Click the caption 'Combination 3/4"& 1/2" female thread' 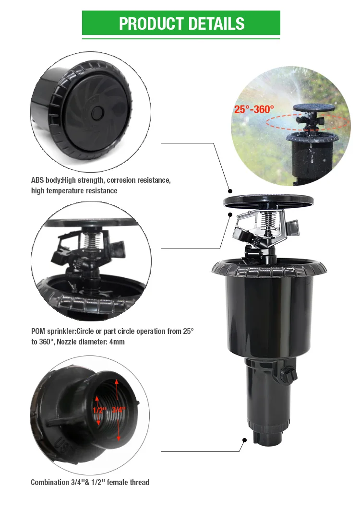[90, 482]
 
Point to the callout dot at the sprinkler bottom [244, 440]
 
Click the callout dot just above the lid [230, 191]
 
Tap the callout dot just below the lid [230, 214]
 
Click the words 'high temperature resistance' [74, 191]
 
